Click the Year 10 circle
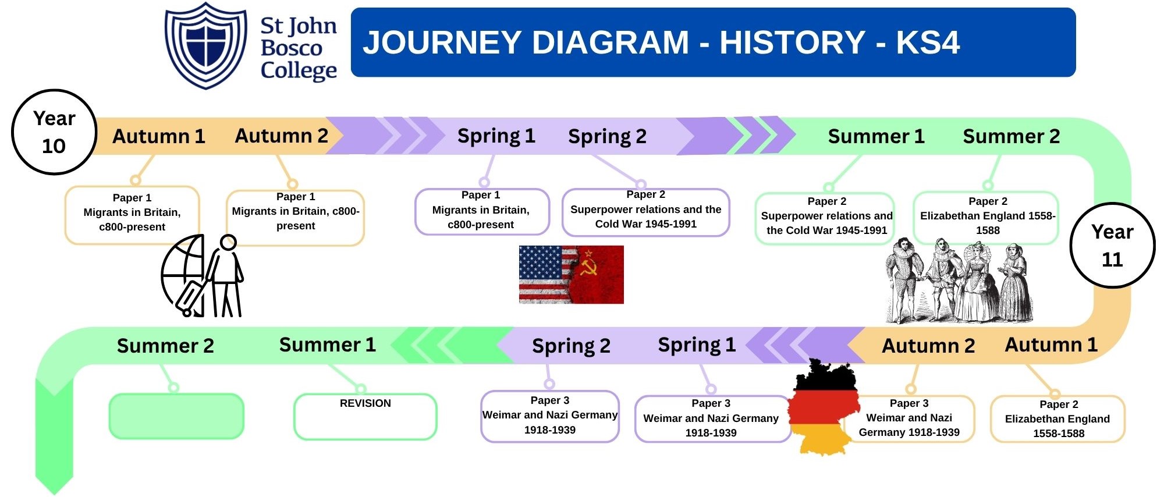pos(54,132)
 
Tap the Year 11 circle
pos(1112,246)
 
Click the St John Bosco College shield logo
pos(206,45)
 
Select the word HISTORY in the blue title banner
pos(792,42)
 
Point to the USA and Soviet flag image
pos(571,275)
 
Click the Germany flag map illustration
pos(826,406)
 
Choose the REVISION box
pos(365,417)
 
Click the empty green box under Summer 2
pos(176,416)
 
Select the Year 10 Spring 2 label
pos(607,136)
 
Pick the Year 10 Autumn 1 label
pos(158,136)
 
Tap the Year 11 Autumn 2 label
pos(928,346)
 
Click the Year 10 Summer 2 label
pos(1011,136)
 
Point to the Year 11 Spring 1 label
pos(697,345)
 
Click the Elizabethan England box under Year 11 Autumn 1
pos(1058,419)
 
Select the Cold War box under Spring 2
pos(645,212)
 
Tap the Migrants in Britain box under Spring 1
pos(481,212)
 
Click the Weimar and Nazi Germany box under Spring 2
pos(550,417)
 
